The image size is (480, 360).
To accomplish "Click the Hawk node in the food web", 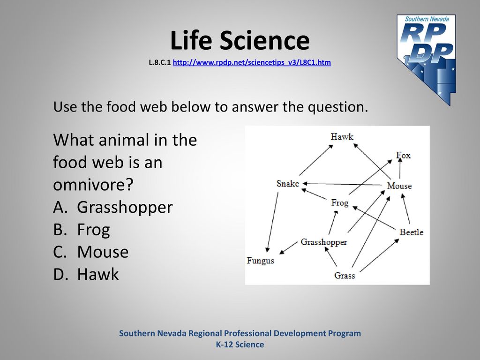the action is point(342,136).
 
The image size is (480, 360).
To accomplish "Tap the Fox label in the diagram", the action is point(403,155).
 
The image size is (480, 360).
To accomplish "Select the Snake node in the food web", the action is point(287,183).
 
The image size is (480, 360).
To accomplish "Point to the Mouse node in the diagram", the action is point(399,186).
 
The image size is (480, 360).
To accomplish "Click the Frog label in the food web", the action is point(340,203).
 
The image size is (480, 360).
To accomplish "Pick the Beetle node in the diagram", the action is point(412,232).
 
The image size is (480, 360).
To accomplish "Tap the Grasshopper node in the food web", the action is point(324,242).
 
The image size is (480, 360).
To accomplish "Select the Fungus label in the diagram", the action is point(260,261).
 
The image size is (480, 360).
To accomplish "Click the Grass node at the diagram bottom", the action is point(345,276).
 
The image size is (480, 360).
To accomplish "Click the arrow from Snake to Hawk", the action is point(316,160).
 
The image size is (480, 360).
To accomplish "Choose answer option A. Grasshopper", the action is point(113,208).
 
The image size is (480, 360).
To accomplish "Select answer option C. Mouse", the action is point(91,252).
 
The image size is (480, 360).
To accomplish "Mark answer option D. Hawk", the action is point(86,274).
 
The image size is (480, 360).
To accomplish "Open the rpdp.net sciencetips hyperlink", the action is point(252,62).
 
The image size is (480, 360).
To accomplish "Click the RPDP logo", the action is point(427,60).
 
